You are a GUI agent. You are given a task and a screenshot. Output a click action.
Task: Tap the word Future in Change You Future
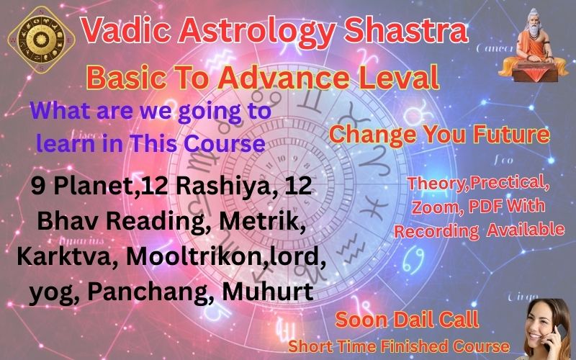tap(504, 135)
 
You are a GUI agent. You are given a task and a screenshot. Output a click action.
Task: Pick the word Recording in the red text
tap(437, 230)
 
